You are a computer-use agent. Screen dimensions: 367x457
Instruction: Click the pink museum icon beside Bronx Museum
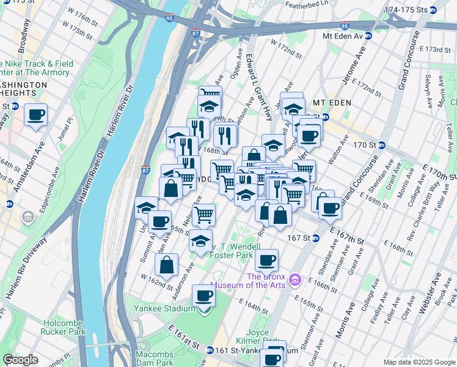(296, 280)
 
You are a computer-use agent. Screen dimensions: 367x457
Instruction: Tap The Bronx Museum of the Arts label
(251, 280)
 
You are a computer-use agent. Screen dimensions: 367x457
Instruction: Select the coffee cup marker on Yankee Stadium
(203, 297)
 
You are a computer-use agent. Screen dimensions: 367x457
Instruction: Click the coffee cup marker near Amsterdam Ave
(36, 114)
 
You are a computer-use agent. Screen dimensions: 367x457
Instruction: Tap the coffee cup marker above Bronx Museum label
(266, 261)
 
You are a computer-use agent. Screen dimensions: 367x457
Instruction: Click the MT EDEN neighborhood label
(332, 102)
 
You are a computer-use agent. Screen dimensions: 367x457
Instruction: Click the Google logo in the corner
(20, 360)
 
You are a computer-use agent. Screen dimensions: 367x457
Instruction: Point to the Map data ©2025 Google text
(419, 362)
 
